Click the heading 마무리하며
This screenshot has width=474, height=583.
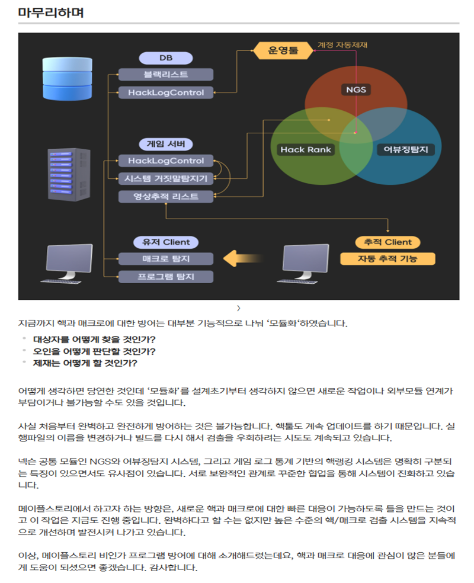pyautogui.click(x=51, y=12)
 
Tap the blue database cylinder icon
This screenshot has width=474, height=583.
pyautogui.click(x=68, y=78)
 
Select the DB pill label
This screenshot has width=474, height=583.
pyautogui.click(x=166, y=58)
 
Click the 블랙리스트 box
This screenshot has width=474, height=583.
pyautogui.click(x=166, y=75)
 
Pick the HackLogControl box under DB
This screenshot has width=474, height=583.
pyautogui.click(x=166, y=92)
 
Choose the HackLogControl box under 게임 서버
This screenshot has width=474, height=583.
pyautogui.click(x=166, y=161)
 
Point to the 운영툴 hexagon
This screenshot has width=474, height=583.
pyautogui.click(x=283, y=50)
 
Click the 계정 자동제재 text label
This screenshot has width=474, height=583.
pyautogui.click(x=342, y=45)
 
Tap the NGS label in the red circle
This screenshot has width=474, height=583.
pyautogui.click(x=355, y=89)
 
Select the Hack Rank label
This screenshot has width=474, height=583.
pyautogui.click(x=306, y=149)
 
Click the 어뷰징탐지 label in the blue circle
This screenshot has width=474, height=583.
pyautogui.click(x=406, y=149)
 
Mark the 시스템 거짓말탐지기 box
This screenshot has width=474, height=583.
pyautogui.click(x=166, y=178)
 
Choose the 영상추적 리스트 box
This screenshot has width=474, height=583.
pyautogui.click(x=166, y=196)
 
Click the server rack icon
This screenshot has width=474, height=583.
pyautogui.click(x=69, y=174)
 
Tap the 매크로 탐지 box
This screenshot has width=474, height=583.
pyautogui.click(x=166, y=259)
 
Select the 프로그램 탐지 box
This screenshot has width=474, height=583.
pyautogui.click(x=166, y=277)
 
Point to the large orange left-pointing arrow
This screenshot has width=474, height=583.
pyautogui.click(x=244, y=258)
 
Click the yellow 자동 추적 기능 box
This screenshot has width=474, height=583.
pyautogui.click(x=387, y=259)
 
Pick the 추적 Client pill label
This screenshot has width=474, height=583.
pyautogui.click(x=387, y=242)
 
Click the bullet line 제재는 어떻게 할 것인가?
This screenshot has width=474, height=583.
pyautogui.click(x=85, y=363)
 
